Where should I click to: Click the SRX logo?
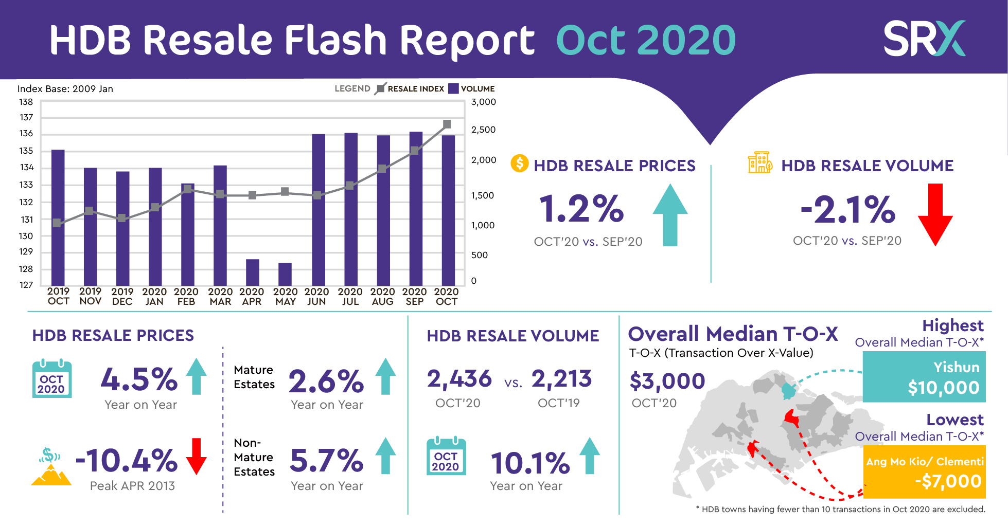pyautogui.click(x=924, y=38)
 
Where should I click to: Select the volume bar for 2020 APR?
pyautogui.click(x=253, y=272)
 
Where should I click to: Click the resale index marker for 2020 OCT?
pyautogui.click(x=447, y=124)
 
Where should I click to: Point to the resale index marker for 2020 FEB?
pyautogui.click(x=188, y=189)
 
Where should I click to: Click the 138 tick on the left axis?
pyautogui.click(x=26, y=102)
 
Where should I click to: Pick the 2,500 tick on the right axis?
pyautogui.click(x=483, y=130)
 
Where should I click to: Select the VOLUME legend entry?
pyautogui.click(x=471, y=88)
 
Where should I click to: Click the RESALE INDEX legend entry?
pyautogui.click(x=410, y=88)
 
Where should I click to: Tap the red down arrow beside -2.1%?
pyautogui.click(x=935, y=214)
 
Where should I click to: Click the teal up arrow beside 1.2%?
pyautogui.click(x=670, y=214)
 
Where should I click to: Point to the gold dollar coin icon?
pyautogui.click(x=519, y=163)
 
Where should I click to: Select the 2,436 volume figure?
pyautogui.click(x=459, y=379)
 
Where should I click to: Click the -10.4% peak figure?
pyautogui.click(x=127, y=460)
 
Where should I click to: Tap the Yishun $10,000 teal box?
pyautogui.click(x=924, y=377)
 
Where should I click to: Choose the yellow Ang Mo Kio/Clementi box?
pyautogui.click(x=924, y=471)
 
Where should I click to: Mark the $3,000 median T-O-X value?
pyautogui.click(x=667, y=381)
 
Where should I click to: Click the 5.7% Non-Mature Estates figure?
pyautogui.click(x=327, y=460)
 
